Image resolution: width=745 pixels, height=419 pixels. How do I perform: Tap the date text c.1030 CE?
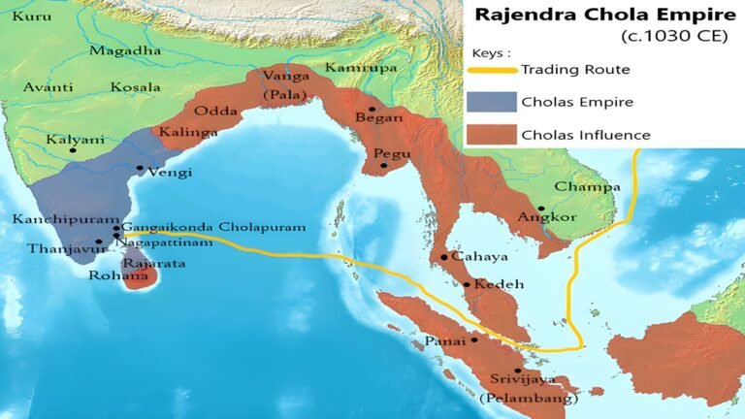pos(672,37)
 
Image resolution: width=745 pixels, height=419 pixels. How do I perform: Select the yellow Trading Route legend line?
pos(492,70)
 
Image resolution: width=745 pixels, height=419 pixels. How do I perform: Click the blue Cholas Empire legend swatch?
pos(492,102)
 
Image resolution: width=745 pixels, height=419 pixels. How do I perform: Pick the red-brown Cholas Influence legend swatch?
pos(492,135)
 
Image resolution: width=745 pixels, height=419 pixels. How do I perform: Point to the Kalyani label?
pos(75,139)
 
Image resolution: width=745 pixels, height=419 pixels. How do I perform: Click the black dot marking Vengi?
pos(140,169)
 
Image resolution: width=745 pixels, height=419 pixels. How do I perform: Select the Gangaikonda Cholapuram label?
pos(214,227)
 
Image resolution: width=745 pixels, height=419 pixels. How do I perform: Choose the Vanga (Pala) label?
pos(282,83)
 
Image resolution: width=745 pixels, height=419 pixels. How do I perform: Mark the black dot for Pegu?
pos(384,165)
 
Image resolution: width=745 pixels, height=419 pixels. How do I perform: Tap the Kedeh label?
pos(495,284)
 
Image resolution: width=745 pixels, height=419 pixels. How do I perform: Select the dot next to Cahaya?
pos(443,257)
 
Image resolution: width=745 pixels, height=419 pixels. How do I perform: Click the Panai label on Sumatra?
pos(444,340)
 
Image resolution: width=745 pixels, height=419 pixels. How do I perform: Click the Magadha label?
pos(125,50)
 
